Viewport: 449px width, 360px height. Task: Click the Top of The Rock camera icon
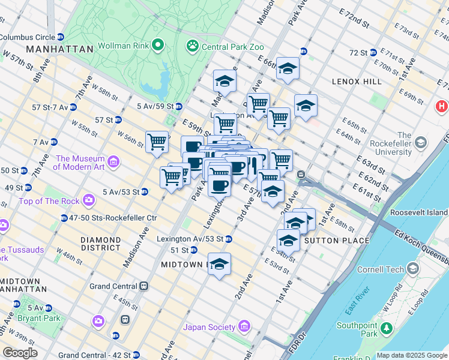(89, 199)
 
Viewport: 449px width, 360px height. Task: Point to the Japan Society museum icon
(243, 327)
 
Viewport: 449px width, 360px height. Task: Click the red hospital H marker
(441, 107)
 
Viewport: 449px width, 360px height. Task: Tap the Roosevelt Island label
(418, 212)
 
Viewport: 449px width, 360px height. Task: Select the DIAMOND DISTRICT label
(101, 244)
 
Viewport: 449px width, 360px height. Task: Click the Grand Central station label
(114, 286)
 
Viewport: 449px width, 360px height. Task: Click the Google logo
(20, 353)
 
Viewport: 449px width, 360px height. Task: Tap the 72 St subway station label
(358, 52)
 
